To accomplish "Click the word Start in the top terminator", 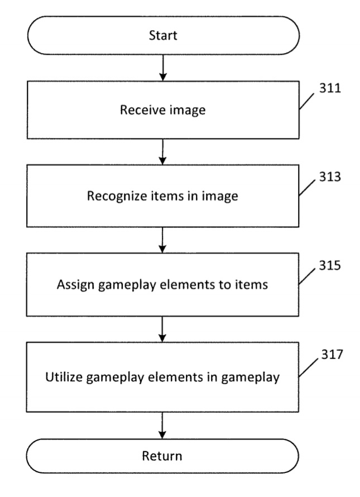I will click(x=163, y=36).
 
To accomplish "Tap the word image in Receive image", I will click(x=189, y=111).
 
